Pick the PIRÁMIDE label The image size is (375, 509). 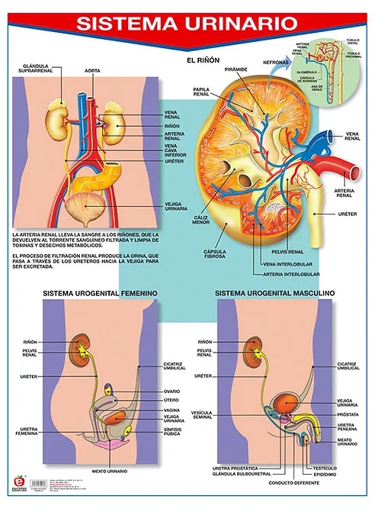point(236,69)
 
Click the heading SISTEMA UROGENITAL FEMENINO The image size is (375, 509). point(100,292)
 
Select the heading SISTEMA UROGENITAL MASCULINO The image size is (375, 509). point(275,292)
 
